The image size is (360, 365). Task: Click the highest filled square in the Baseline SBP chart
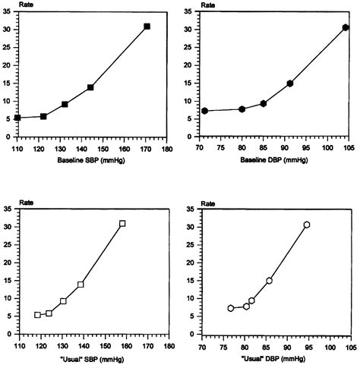tap(147, 27)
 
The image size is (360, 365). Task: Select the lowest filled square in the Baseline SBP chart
tap(17, 118)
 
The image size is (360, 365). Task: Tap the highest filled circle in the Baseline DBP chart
tap(345, 27)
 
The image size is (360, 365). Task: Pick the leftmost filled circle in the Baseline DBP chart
tap(204, 111)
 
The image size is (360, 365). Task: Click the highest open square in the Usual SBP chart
tap(122, 224)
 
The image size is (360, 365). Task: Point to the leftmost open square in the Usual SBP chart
tap(37, 314)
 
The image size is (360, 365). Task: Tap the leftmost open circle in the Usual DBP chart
tap(231, 308)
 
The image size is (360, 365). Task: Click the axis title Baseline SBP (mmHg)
tap(89, 162)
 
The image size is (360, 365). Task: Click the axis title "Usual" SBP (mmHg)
tap(89, 358)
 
